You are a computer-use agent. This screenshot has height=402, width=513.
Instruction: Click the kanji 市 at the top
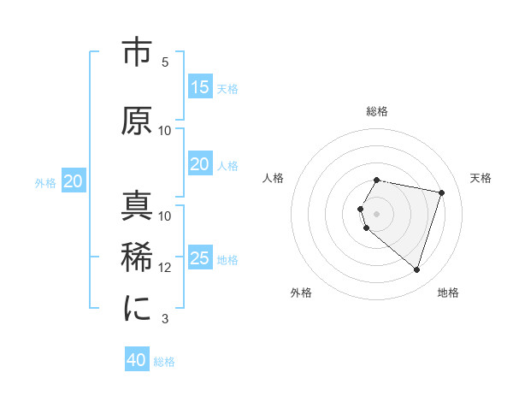coord(137,53)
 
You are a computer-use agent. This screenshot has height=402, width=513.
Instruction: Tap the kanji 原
coord(137,121)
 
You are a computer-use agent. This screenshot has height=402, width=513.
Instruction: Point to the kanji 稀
coord(137,257)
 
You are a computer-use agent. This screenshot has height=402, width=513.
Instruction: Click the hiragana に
coord(137,309)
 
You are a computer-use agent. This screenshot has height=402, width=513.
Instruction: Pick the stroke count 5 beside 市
coord(165,62)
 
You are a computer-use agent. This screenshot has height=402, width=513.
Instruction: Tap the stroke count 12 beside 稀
coord(165,268)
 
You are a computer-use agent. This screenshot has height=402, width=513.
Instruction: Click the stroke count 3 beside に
coord(165,319)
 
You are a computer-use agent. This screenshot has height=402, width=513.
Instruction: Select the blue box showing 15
coord(199,87)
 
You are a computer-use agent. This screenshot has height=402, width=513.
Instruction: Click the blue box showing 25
coord(199,258)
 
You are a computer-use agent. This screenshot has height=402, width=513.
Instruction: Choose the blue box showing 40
coord(137,360)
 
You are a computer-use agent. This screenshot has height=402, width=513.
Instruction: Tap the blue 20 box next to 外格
coord(74,181)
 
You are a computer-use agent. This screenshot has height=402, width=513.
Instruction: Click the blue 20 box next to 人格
coord(199,164)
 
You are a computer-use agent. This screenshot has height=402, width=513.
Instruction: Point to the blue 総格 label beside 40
coord(164,362)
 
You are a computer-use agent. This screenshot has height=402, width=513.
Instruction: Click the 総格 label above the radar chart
coord(377,111)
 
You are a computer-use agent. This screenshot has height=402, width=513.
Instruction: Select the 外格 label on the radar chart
coord(301,293)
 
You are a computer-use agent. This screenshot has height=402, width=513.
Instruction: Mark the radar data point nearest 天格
coord(441,192)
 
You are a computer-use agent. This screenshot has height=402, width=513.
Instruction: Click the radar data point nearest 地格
coord(416,270)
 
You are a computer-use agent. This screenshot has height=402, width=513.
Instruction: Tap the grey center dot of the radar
coord(377,213)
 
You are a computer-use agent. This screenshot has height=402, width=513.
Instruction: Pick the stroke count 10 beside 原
coord(165,131)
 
